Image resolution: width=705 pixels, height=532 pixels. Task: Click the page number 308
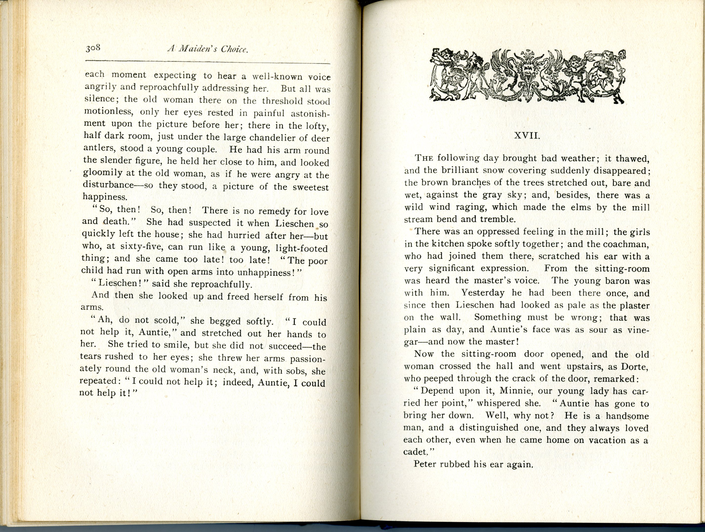(x=93, y=48)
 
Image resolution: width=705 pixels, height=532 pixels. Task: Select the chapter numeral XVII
(x=527, y=136)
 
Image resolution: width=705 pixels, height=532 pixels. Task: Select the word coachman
(x=627, y=244)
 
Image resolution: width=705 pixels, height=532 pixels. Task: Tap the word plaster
(x=635, y=305)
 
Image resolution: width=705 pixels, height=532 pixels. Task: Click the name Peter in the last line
(x=424, y=464)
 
